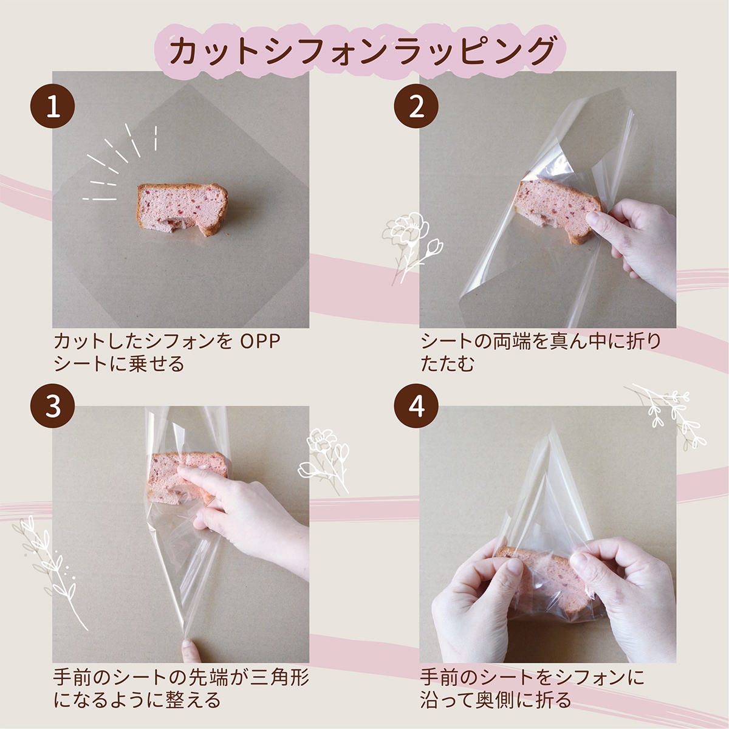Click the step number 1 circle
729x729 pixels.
click(x=53, y=106)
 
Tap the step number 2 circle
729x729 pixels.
click(x=416, y=106)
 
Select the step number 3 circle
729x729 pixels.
click(x=53, y=406)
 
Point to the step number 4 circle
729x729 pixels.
click(x=416, y=406)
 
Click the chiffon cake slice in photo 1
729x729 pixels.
click(x=182, y=208)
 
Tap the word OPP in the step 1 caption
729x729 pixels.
click(x=261, y=341)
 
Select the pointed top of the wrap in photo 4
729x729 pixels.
click(x=553, y=426)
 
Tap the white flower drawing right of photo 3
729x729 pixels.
click(x=323, y=460)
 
